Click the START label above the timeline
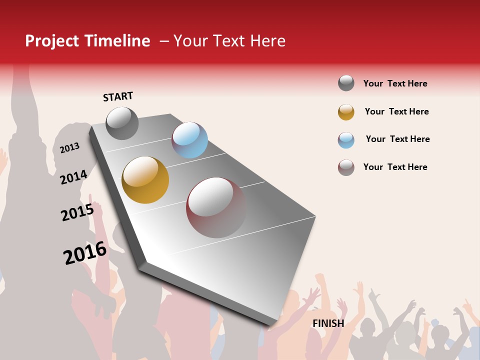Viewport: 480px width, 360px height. pos(118,96)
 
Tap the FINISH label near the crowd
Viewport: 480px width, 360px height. pos(328,323)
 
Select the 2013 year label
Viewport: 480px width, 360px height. pos(69,147)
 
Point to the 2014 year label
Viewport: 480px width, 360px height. pos(73,177)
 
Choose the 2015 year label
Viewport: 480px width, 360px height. pos(77,212)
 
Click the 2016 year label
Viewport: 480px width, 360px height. pos(85,253)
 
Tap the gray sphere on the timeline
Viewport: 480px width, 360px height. pos(122,123)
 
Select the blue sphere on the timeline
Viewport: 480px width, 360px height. pos(189,140)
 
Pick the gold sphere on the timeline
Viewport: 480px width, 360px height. pos(145,180)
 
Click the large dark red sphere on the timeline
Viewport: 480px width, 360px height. pos(216,207)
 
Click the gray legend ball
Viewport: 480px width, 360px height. pos(346,83)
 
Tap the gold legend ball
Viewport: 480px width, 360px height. pos(346,112)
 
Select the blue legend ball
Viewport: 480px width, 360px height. pos(346,140)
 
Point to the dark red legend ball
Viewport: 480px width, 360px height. pos(346,167)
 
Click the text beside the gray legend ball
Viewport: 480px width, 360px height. pos(395,83)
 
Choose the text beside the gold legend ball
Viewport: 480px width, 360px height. pos(396,111)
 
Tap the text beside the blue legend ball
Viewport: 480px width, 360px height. pos(397,139)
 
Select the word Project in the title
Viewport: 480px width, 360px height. pos(52,41)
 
